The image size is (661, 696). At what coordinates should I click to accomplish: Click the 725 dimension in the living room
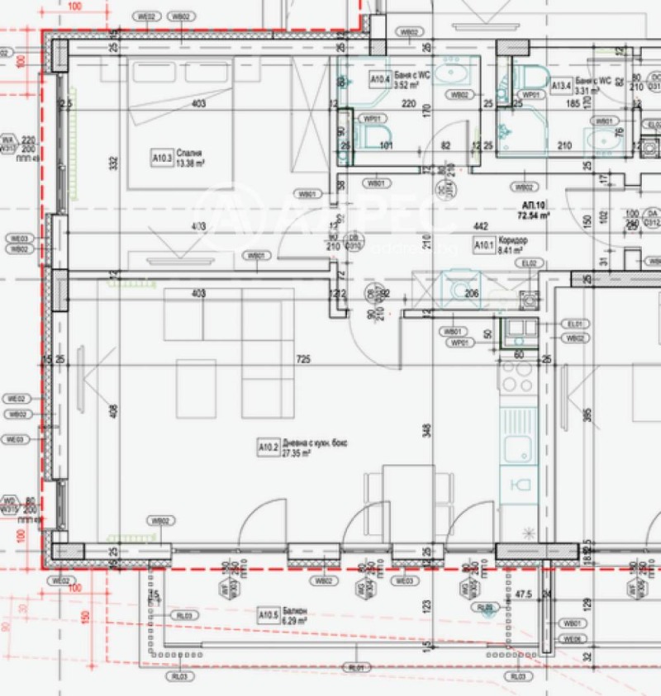click(x=303, y=359)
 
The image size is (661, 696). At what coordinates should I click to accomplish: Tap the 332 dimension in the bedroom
click(x=113, y=163)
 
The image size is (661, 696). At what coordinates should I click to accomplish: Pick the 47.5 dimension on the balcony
click(x=521, y=594)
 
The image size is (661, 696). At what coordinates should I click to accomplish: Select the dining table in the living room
click(x=407, y=495)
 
